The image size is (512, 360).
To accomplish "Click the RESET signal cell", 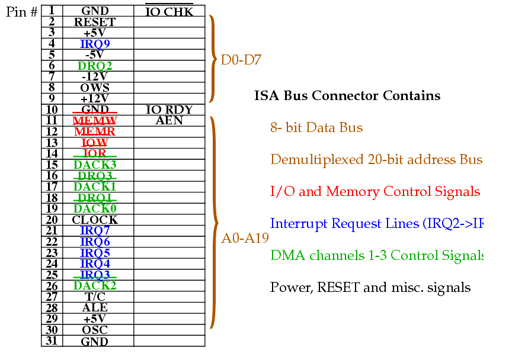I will (95, 22).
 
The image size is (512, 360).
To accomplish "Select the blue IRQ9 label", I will (95, 44).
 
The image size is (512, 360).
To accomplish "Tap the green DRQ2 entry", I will (95, 66).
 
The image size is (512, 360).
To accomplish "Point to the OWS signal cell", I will (95, 88).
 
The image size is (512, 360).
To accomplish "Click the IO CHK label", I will (169, 11).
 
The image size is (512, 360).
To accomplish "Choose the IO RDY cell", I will (169, 110).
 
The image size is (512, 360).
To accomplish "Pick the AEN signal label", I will (169, 121).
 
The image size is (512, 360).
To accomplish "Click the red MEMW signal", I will (95, 121).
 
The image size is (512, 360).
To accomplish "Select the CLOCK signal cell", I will (95, 220).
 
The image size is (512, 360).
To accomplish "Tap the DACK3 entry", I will (95, 165).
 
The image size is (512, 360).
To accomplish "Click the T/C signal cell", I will (95, 297).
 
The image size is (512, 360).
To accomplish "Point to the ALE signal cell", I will (95, 308).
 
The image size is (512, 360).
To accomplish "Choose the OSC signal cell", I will (95, 330).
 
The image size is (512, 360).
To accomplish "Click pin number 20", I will (52, 220).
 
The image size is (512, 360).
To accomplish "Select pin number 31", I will (52, 340).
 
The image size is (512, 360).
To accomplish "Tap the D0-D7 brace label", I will (241, 60).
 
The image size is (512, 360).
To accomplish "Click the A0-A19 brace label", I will (245, 239).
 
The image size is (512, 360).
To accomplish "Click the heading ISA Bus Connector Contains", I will (347, 96).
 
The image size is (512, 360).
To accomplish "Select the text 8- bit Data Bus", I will (316, 128).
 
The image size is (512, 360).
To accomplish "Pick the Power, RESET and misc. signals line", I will (370, 288).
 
